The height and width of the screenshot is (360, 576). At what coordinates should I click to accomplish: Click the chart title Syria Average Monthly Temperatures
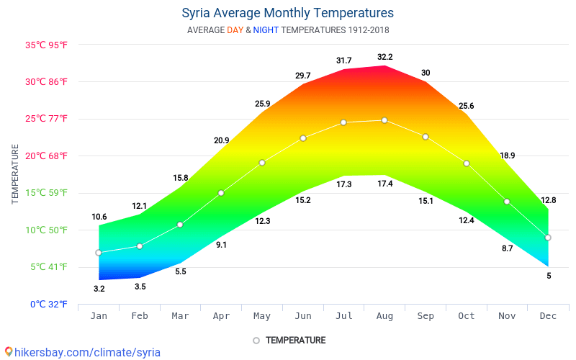point(287,13)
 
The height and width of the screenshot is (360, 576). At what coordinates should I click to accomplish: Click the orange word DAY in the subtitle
point(235,30)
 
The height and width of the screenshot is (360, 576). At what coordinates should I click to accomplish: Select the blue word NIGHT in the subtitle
point(266,30)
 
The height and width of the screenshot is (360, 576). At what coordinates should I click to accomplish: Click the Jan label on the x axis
point(99,316)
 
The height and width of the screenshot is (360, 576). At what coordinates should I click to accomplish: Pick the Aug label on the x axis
point(384,316)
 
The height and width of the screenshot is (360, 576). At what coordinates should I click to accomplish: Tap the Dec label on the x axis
point(548,316)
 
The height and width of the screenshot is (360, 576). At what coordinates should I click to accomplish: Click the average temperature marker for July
point(343,122)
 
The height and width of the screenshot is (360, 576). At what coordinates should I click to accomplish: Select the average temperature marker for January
point(99,253)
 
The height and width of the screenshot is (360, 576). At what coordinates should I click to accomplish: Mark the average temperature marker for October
point(467,163)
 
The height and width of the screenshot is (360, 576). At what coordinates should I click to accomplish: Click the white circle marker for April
point(221,193)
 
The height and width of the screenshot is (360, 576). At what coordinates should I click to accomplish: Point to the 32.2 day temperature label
point(385,57)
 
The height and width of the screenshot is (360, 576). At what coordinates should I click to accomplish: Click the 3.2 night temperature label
point(99,289)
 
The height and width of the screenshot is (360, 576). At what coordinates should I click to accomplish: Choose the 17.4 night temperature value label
point(385,184)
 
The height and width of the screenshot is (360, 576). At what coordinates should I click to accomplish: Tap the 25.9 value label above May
point(263,104)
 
